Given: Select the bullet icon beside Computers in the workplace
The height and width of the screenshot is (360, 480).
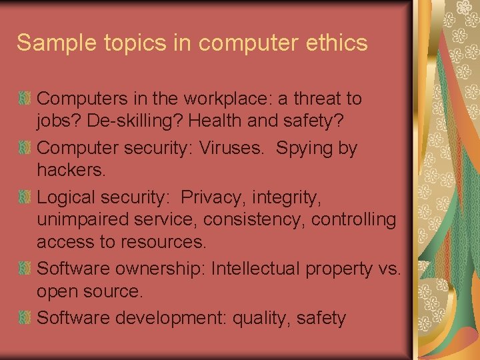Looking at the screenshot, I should (25, 99).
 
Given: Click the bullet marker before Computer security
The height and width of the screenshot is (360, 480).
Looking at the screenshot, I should (25, 148).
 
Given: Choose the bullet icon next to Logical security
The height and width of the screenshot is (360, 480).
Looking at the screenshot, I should (25, 197).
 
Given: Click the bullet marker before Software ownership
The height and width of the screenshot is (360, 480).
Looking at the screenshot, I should (25, 269).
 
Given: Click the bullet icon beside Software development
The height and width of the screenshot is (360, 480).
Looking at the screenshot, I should (25, 318).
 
